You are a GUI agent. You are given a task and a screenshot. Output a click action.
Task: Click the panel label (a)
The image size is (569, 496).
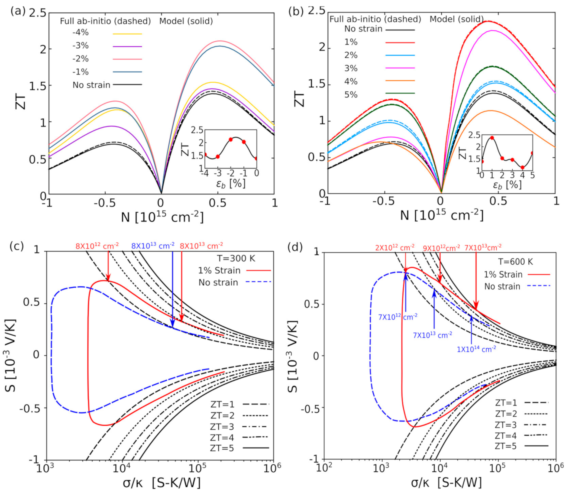coord(17,11)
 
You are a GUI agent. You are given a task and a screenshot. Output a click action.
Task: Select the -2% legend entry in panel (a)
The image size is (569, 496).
coord(80,59)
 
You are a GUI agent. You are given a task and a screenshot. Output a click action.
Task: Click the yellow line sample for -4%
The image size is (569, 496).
coord(127,34)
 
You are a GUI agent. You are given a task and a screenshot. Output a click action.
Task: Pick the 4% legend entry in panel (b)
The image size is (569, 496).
coord(351,82)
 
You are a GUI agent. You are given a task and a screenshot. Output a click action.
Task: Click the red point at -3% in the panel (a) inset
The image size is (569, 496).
coord(218,157)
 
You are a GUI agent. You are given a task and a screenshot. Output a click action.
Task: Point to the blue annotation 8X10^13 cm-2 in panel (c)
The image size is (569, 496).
coord(153,245)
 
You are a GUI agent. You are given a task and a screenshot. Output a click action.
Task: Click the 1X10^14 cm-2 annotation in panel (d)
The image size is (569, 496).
coord(476,349)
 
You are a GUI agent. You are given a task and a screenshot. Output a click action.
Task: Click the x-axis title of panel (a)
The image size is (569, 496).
coord(162,218)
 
